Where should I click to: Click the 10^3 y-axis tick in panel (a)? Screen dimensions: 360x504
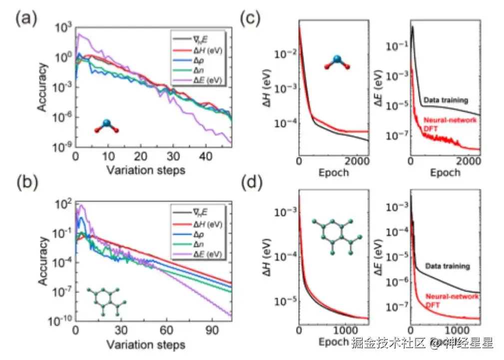[64, 28]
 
